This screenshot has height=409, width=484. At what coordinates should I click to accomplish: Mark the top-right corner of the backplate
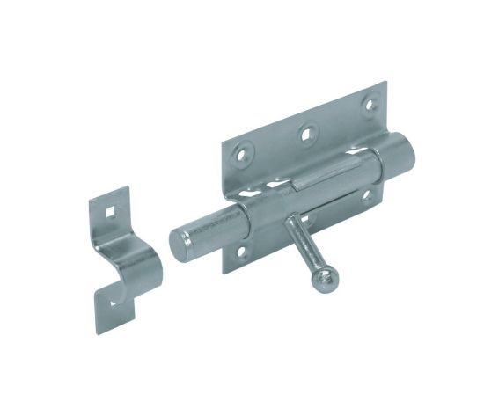385,82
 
